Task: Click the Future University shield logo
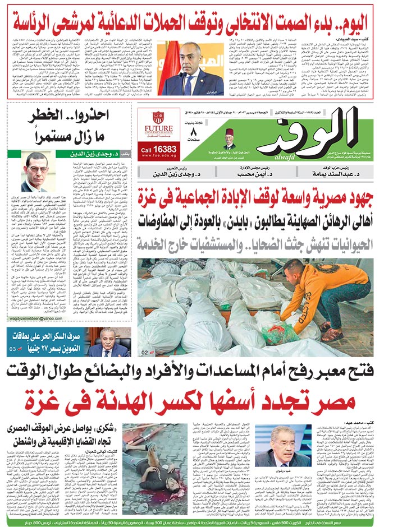click(158, 117)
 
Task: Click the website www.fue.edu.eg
click(158, 158)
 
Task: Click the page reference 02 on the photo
click(144, 353)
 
